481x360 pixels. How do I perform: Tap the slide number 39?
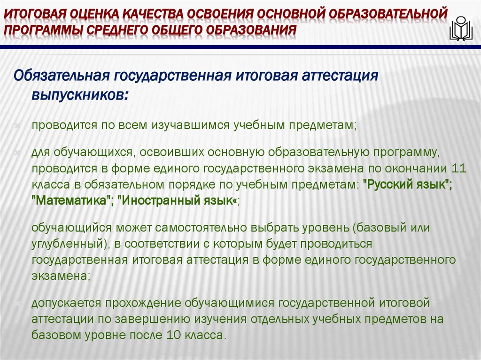464,348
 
